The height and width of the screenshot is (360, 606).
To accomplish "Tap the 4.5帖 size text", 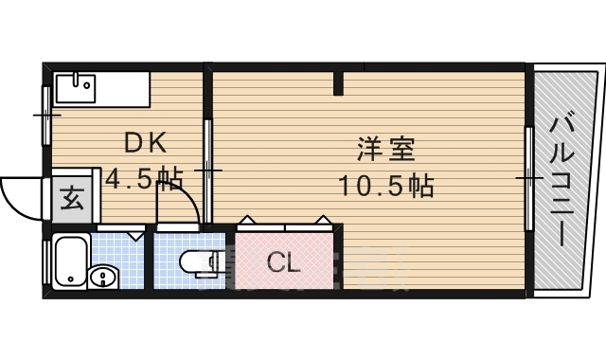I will point(144,178).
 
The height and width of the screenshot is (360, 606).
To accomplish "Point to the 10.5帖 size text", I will point(386,185).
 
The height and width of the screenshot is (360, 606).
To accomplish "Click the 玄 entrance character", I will point(72,200).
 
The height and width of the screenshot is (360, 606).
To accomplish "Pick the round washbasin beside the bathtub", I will point(100,277).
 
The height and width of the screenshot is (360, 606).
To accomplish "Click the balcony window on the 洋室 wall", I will point(527,176).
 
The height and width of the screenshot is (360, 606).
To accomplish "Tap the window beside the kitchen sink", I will point(45,114).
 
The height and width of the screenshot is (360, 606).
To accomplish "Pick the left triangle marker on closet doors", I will point(246,222).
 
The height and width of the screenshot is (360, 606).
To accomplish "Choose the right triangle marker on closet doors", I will point(323,222).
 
